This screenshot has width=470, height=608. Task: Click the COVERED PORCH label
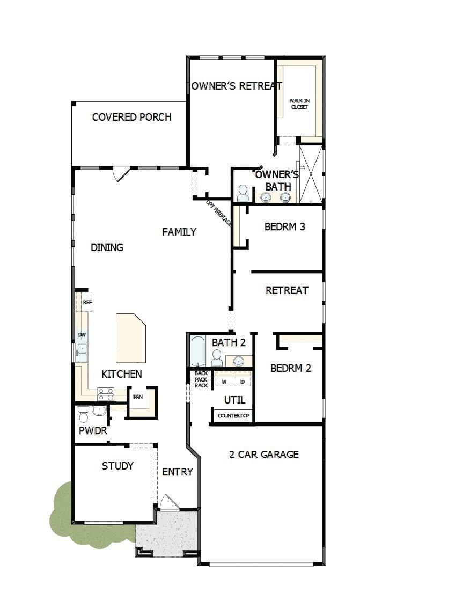coord(131,117)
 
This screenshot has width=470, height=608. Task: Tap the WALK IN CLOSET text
coord(299,104)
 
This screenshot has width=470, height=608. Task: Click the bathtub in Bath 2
coord(197,351)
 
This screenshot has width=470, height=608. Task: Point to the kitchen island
coord(131,338)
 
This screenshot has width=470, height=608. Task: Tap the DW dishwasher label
coord(82,335)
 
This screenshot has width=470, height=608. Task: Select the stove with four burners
coord(106,394)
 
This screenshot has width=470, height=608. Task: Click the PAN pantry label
coord(138,397)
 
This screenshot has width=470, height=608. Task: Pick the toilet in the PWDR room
coord(83,414)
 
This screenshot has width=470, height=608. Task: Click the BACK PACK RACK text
coord(201,379)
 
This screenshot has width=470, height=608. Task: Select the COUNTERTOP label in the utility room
coord(233,416)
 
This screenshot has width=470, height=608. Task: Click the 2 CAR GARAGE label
coord(263,455)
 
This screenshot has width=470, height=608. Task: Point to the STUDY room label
coord(117,466)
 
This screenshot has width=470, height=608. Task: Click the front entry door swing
coord(170,501)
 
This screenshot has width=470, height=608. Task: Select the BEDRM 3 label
coord(285,226)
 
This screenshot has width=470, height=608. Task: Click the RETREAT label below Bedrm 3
coord(287,290)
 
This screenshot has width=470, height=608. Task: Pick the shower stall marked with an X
coord(311,174)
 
